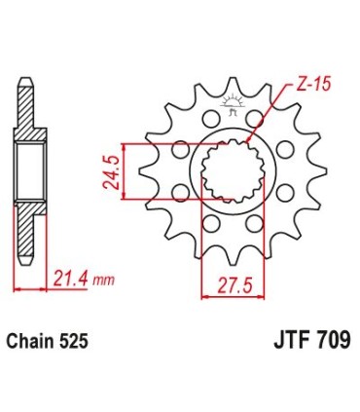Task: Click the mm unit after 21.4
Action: pyautogui.click(x=104, y=281)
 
